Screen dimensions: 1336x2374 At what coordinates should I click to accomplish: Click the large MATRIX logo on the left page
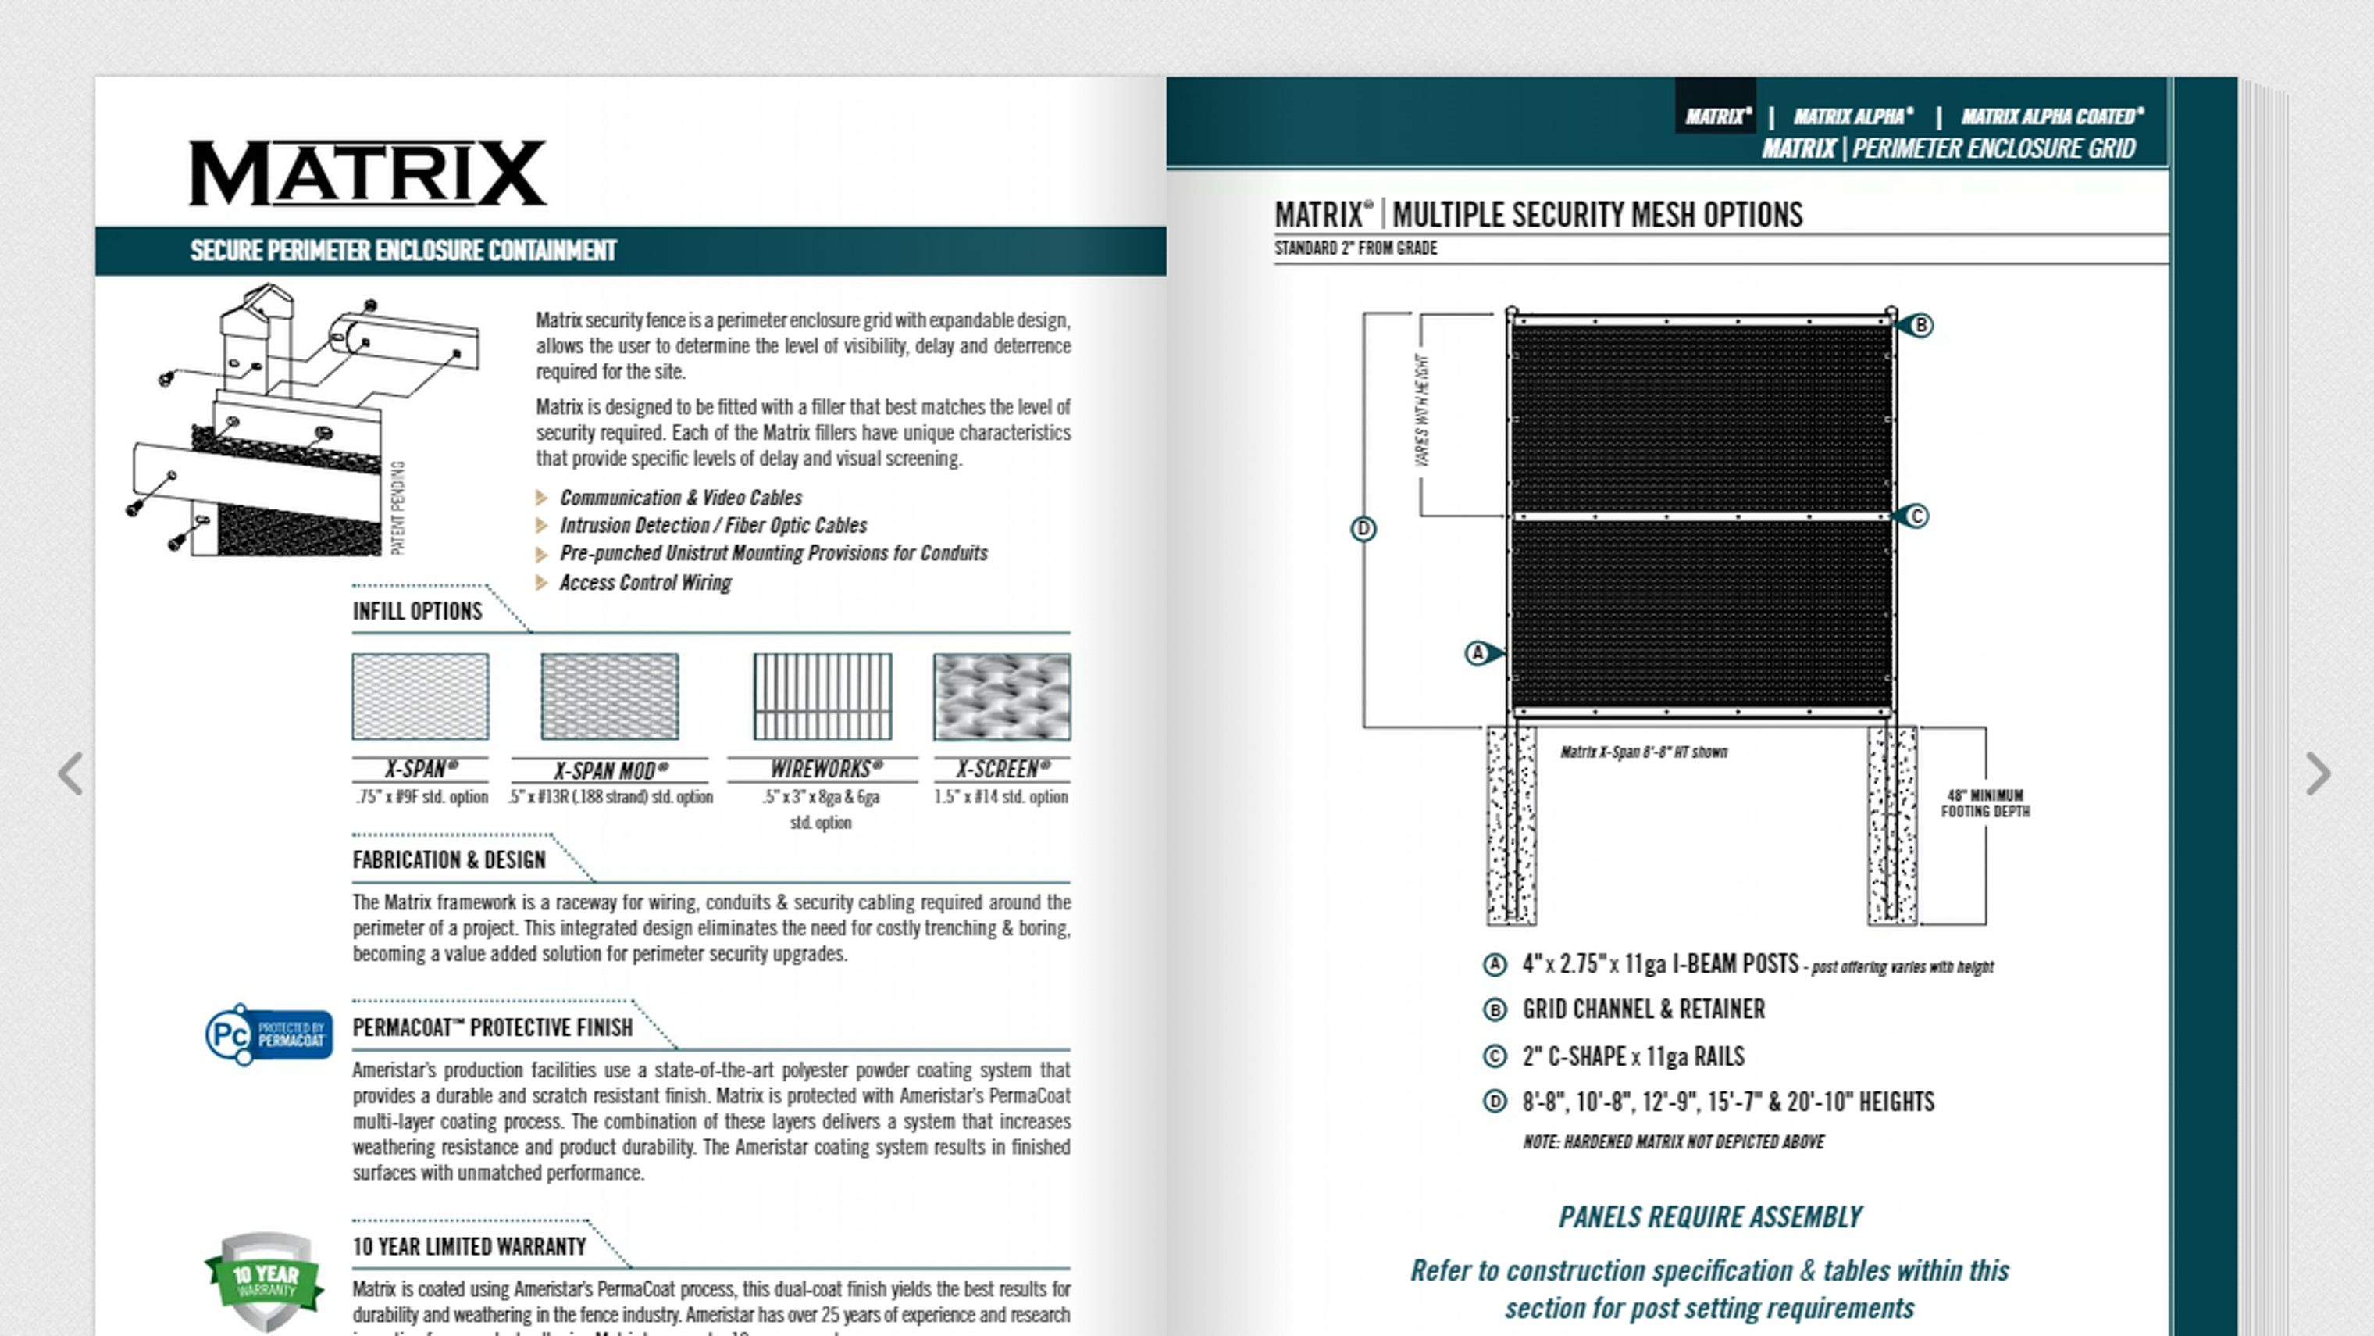[367, 173]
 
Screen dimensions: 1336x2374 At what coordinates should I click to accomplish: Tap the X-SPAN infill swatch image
[420, 696]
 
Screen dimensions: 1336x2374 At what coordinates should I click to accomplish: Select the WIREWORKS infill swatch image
[822, 696]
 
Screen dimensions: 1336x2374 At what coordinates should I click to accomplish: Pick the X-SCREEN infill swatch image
[1002, 696]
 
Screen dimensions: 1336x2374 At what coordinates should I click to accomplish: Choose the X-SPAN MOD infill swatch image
[609, 696]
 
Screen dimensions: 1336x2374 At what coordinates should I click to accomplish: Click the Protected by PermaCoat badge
[268, 1034]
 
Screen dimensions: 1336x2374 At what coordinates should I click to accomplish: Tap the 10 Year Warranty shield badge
[265, 1280]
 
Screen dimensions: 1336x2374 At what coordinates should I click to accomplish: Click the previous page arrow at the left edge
[70, 773]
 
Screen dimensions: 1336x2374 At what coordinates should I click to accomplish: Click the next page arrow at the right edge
[2318, 773]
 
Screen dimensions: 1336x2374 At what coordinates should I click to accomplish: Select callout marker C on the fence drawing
[1916, 516]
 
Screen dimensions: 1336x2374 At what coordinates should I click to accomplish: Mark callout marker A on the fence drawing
[1478, 653]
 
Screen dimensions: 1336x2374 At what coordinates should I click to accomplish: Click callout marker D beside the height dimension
[1363, 528]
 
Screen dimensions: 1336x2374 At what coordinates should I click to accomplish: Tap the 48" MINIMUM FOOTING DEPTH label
[1985, 803]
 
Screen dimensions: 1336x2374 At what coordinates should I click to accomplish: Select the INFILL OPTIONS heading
[416, 611]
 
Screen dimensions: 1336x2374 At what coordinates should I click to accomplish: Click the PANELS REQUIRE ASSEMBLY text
[1709, 1217]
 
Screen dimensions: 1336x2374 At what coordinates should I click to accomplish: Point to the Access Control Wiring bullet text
[645, 583]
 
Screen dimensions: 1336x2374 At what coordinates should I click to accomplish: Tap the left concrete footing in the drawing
[1510, 825]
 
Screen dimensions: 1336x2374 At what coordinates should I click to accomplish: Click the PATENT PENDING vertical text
[398, 508]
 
